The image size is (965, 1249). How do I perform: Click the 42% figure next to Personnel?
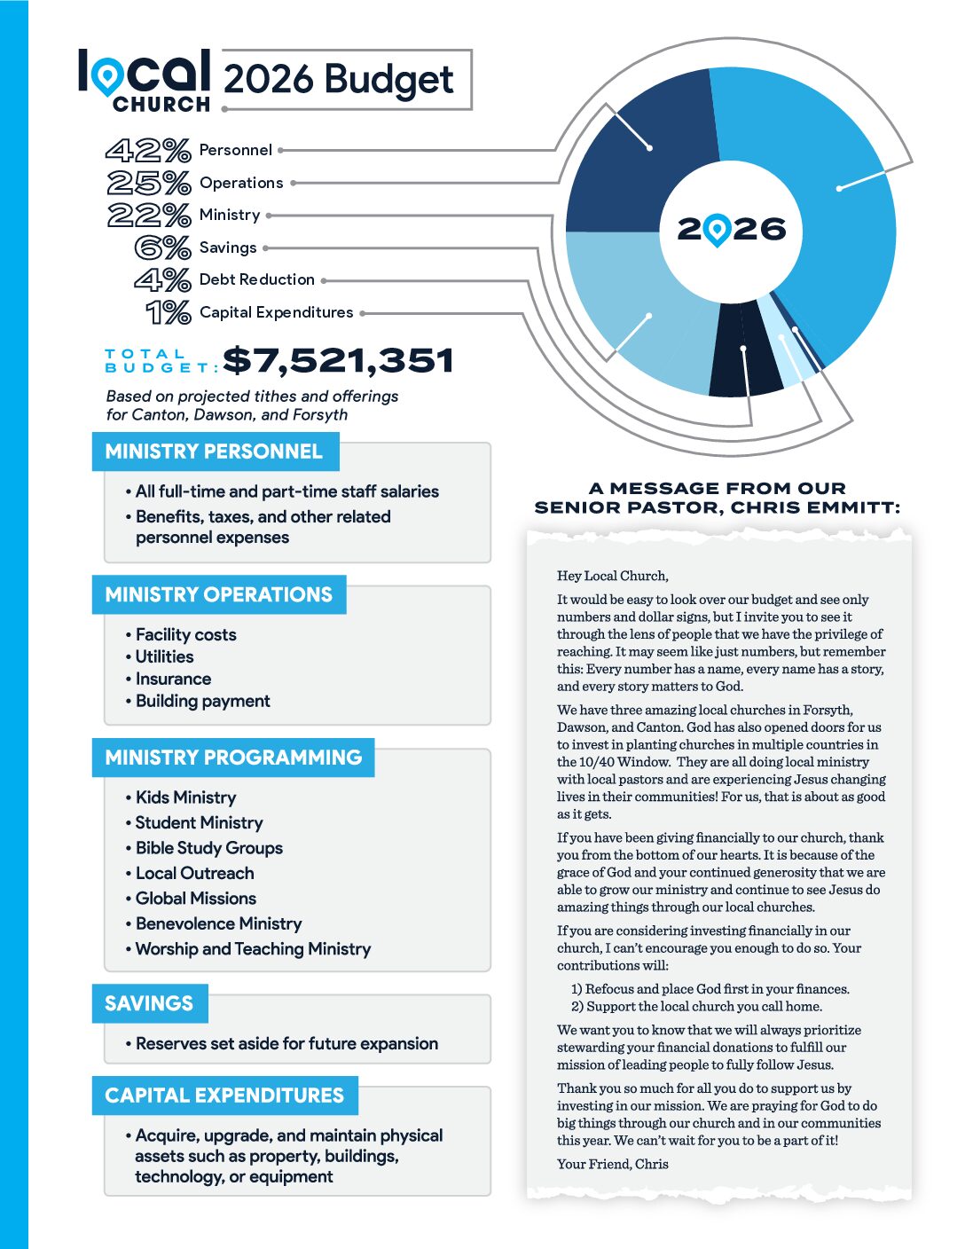point(148,150)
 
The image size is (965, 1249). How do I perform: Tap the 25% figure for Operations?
point(149,183)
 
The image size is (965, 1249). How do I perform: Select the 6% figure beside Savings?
point(163,247)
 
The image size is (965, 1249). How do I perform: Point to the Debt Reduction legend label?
point(257,279)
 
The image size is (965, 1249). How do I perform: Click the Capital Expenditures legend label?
point(276,312)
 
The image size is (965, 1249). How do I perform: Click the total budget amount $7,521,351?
point(338,361)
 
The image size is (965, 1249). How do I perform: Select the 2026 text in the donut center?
point(732,230)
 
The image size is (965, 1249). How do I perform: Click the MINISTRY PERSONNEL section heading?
point(214,452)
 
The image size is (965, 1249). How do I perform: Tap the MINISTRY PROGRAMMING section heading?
point(233,758)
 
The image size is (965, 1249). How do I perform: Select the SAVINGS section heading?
point(149,1003)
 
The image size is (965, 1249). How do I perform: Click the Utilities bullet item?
point(164,656)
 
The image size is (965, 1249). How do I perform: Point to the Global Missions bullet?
point(195,899)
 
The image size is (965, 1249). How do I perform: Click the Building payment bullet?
point(202,701)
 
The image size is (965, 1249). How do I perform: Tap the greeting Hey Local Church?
point(612,576)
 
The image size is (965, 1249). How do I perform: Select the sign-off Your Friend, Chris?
point(612,1164)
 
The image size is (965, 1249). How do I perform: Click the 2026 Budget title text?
point(338,79)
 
